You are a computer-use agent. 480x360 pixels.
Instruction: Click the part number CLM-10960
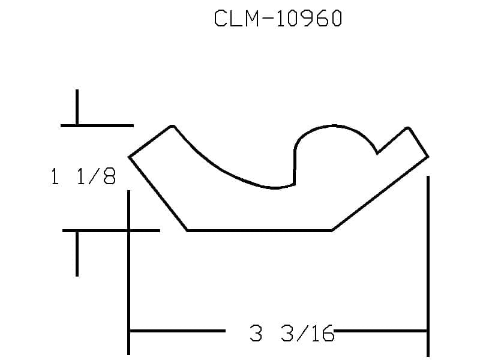click(278, 19)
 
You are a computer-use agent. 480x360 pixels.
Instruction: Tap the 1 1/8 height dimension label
click(83, 176)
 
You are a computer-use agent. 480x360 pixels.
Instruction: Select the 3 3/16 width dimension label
click(292, 333)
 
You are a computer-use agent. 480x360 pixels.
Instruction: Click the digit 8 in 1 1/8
click(110, 176)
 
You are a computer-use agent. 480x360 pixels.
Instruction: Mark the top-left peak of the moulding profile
click(172, 126)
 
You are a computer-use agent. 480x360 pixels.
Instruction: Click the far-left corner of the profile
click(129, 157)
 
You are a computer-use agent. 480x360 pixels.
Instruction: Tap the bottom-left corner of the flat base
click(187, 230)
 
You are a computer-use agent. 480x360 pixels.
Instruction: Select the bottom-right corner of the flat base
click(332, 230)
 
